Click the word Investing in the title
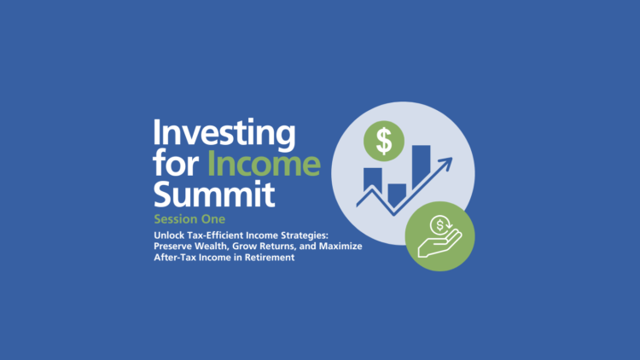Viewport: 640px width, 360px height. tap(224, 135)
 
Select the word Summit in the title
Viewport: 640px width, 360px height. tap(214, 194)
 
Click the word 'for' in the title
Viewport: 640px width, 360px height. tap(176, 164)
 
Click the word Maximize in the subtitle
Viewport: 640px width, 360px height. tap(340, 246)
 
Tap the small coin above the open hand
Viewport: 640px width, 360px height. tap(441, 225)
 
